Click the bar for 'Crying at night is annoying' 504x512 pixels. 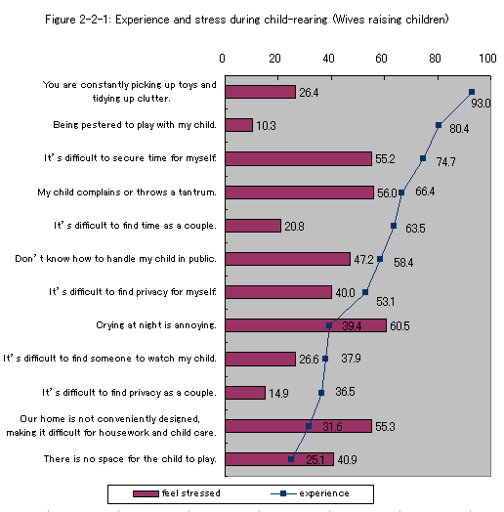point(306,325)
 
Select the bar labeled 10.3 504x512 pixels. point(239,125)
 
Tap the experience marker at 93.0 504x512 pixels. point(472,92)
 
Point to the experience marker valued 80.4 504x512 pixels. point(439,125)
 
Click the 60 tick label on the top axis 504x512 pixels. point(381,59)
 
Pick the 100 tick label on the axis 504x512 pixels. point(487,59)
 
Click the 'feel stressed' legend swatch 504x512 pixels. point(146,493)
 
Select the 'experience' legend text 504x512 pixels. point(324,493)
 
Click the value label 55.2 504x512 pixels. point(385,159)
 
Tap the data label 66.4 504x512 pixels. point(425,191)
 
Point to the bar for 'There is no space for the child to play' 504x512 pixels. point(279,459)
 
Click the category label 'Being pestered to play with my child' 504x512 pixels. point(135,125)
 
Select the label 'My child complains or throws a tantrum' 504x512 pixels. point(127,192)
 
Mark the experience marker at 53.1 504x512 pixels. point(365,292)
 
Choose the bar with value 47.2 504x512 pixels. point(288,259)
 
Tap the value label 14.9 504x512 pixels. point(278,393)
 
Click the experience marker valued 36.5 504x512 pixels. point(321,393)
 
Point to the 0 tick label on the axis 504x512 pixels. point(222,59)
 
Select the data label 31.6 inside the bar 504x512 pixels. point(332,426)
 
